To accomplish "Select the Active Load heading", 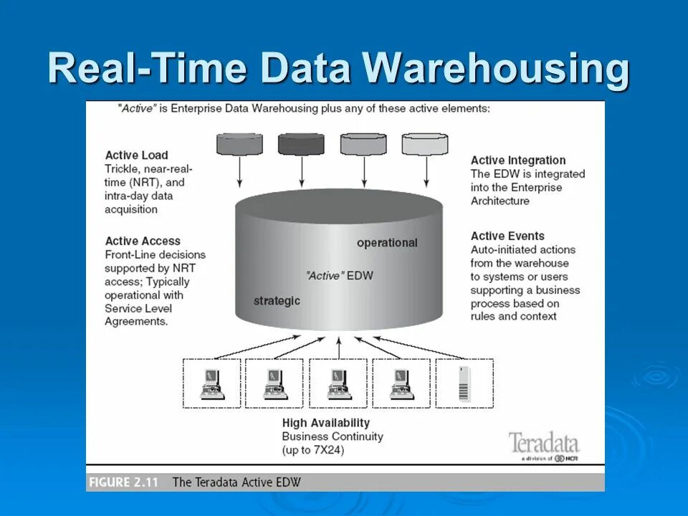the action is tap(136, 155).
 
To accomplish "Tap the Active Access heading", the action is tap(143, 241).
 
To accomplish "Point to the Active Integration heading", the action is tap(518, 161).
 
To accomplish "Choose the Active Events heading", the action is tap(507, 236).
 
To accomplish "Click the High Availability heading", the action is tap(326, 423).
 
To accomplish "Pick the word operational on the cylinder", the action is tap(387, 243).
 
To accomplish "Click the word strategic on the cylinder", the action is tap(277, 300).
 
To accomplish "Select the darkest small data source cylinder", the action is tap(301, 144).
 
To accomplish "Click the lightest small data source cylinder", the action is tap(425, 144).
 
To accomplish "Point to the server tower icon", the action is tap(464, 383).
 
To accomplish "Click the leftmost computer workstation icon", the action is tap(212, 384).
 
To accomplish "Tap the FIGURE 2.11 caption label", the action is tap(124, 482).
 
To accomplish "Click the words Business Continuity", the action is tap(333, 436).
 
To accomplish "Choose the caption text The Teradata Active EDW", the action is tap(236, 482).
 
